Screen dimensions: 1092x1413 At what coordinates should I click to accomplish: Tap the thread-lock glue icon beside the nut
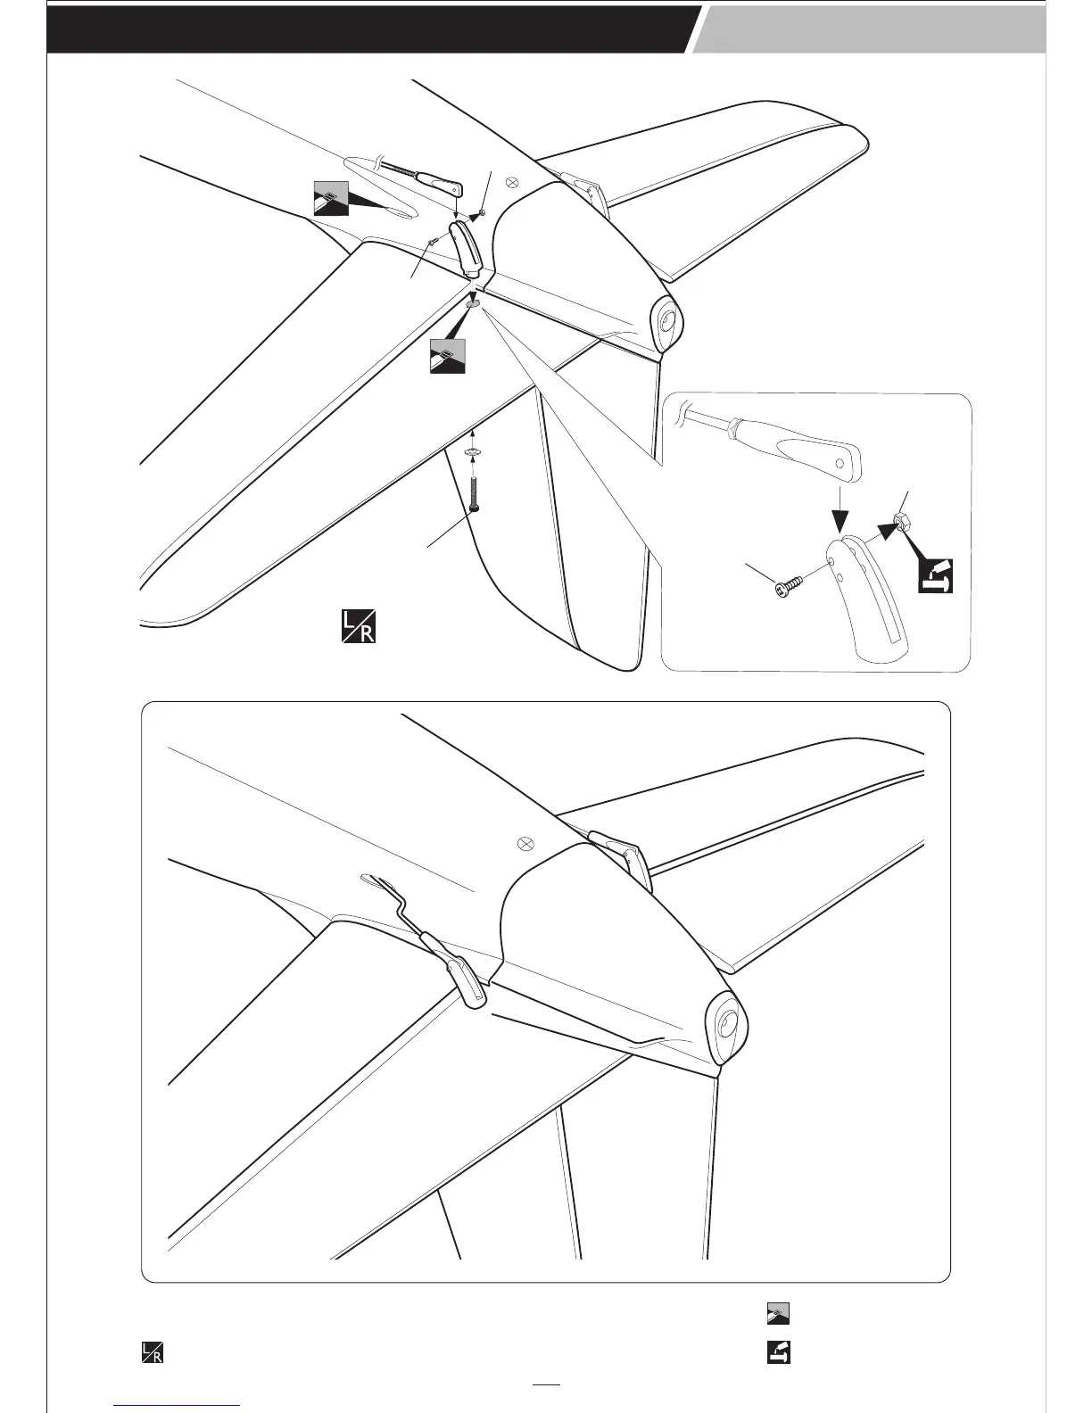tap(936, 575)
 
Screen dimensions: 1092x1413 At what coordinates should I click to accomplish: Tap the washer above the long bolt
tap(473, 453)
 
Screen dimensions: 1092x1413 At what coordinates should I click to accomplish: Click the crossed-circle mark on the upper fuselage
tap(513, 181)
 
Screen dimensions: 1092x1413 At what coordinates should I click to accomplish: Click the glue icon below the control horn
tap(447, 356)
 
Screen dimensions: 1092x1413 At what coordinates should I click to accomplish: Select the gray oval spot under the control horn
tap(473, 303)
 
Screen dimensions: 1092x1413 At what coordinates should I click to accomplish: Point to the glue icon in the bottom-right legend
tap(778, 1314)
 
